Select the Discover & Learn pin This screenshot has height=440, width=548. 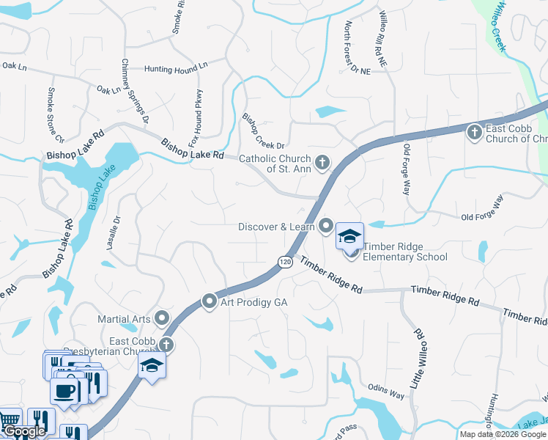coord(326,226)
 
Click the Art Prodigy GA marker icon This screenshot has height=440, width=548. coord(210,301)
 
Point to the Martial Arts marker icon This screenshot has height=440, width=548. coord(161,318)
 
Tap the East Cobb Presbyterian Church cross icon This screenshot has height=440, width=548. coord(166,344)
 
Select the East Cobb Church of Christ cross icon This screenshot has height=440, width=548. coord(474,132)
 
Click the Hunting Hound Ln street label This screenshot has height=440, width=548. coord(177,69)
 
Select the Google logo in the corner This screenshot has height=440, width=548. coord(23,432)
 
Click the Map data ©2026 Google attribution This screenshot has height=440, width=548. coord(503,434)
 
